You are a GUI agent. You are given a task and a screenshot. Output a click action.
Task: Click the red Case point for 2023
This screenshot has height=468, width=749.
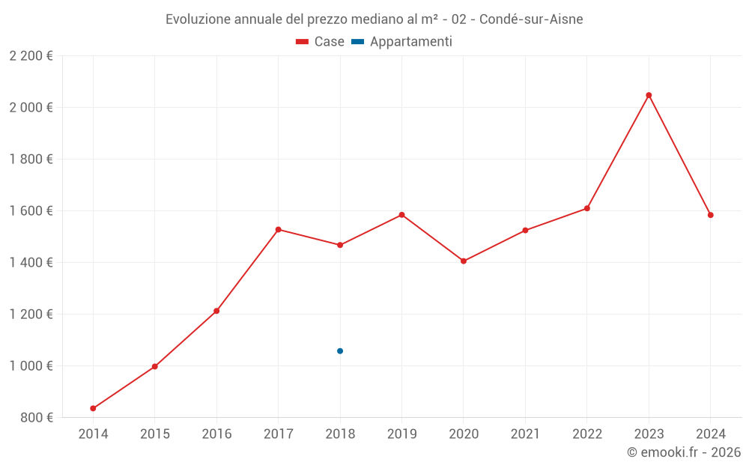[649, 95]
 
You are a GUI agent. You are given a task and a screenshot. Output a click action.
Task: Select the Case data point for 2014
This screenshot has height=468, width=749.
[93, 408]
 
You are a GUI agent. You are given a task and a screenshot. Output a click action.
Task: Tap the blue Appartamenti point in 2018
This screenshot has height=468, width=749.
[340, 350]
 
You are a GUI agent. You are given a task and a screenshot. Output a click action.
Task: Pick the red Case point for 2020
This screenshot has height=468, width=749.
[464, 261]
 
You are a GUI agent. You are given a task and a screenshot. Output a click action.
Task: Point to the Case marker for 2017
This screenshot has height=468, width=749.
[279, 229]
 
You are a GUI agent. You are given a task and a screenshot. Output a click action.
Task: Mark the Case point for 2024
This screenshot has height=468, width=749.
[710, 215]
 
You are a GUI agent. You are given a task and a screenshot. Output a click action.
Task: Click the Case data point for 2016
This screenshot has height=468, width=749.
[216, 311]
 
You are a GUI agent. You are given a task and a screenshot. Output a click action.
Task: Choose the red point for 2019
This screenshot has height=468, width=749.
[401, 215]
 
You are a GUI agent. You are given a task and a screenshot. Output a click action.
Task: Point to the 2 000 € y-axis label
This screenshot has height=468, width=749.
[31, 107]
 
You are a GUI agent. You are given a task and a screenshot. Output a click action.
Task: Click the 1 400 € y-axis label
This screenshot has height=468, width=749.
[31, 262]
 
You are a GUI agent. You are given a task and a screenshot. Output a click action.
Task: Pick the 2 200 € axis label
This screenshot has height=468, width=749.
[31, 55]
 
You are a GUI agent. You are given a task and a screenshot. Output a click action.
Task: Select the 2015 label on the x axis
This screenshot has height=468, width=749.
[155, 434]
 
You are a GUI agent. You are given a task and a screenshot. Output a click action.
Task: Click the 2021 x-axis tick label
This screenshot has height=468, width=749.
[525, 434]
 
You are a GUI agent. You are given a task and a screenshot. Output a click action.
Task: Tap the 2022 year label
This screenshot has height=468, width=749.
[586, 434]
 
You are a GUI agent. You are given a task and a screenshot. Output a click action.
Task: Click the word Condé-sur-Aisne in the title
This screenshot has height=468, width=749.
[530, 19]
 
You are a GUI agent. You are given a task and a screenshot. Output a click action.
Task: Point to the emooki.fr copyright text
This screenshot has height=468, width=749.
[684, 452]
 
